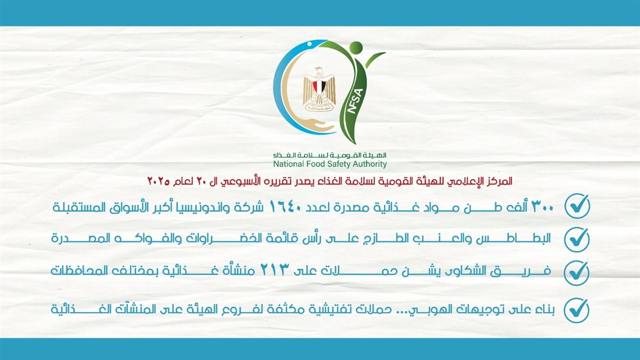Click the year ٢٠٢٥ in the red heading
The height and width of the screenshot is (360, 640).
(x=158, y=182)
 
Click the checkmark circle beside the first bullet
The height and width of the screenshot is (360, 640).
(x=577, y=206)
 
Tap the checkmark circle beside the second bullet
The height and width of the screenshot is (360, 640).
(x=577, y=239)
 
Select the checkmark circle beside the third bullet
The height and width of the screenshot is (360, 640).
(x=577, y=273)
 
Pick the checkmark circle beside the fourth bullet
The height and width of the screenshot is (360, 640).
(x=577, y=310)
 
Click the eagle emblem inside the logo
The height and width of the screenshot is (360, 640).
(x=319, y=89)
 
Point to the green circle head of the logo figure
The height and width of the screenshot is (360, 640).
(x=356, y=47)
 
